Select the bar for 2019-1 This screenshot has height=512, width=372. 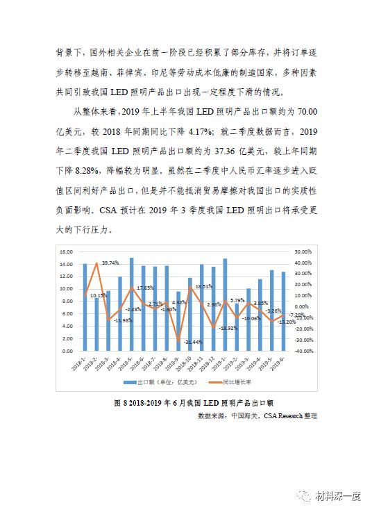[x=225, y=305]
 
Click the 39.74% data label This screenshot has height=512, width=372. [x=110, y=263]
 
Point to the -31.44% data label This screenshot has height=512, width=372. [x=194, y=342]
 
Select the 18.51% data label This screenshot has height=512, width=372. [x=204, y=286]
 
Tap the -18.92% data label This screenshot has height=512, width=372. [x=228, y=328]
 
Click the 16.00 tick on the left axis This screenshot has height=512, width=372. [x=66, y=251]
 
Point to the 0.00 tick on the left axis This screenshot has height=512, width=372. [x=67, y=352]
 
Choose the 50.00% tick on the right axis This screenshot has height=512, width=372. [x=303, y=251]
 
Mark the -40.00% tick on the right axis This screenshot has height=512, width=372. [x=303, y=352]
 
